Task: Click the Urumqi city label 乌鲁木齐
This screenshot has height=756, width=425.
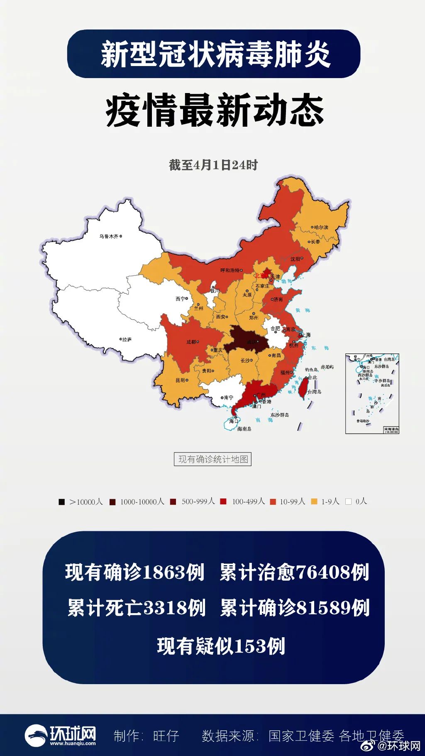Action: coord(109,236)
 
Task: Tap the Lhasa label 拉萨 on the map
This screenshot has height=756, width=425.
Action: coord(127,339)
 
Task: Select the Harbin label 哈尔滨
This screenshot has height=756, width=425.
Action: coord(321,227)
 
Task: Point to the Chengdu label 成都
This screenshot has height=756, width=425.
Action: coord(191,342)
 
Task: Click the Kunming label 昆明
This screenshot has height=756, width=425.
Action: coord(180,380)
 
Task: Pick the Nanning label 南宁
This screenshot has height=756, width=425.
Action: coord(229,398)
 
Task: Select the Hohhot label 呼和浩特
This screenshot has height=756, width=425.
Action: coord(230,270)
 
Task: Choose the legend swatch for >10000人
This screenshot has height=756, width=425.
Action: coord(62,502)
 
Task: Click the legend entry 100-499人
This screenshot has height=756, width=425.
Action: coord(248,501)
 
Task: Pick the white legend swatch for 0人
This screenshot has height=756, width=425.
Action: coord(348,501)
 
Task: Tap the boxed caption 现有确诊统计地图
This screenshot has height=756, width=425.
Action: coord(212,459)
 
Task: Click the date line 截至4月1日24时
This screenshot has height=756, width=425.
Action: coord(213,165)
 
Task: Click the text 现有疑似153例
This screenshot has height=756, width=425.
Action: coord(221,646)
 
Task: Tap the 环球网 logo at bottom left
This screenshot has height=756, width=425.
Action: coord(60,735)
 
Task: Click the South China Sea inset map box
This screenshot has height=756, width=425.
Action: coord(372,393)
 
